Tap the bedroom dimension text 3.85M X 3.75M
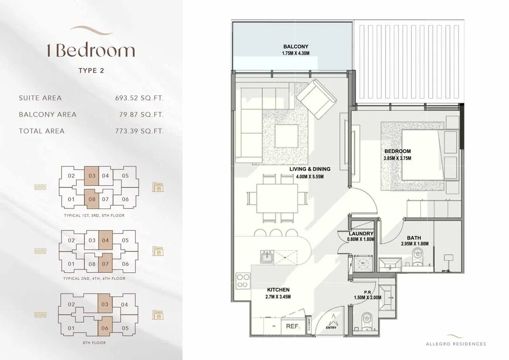pyautogui.click(x=397, y=158)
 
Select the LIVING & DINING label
pyautogui.click(x=310, y=169)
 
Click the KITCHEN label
pyautogui.click(x=278, y=290)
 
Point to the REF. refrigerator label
pyautogui.click(x=292, y=326)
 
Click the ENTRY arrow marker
pyautogui.click(x=331, y=321)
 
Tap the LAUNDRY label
pyautogui.click(x=361, y=234)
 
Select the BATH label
pyautogui.click(x=414, y=238)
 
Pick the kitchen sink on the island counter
pyautogui.click(x=267, y=257)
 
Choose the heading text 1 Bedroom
pyautogui.click(x=91, y=51)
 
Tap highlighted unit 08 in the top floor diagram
pyautogui.click(x=92, y=198)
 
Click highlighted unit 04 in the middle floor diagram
pyautogui.click(x=105, y=240)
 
